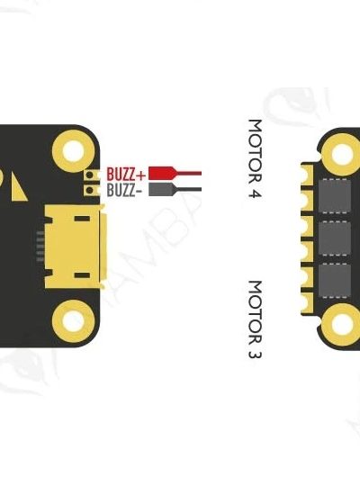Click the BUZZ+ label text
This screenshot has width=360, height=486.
click(126, 174)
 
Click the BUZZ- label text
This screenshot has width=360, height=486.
click(125, 190)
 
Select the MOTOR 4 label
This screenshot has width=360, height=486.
click(256, 158)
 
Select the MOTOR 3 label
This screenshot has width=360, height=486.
click(256, 319)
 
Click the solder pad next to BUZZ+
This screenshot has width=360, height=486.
click(91, 175)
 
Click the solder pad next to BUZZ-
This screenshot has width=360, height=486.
click(91, 190)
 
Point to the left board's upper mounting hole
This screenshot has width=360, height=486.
click(74, 151)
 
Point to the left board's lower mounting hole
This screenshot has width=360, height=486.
click(74, 321)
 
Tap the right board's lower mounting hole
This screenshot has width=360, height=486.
click(342, 324)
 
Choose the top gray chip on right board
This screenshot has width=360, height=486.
click(335, 196)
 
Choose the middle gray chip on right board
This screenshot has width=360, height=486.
click(335, 238)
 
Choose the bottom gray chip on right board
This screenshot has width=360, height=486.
click(335, 281)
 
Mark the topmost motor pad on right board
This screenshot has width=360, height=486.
click(307, 175)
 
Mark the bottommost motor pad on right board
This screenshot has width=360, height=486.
click(307, 302)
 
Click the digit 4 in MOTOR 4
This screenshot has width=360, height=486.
click(256, 193)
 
